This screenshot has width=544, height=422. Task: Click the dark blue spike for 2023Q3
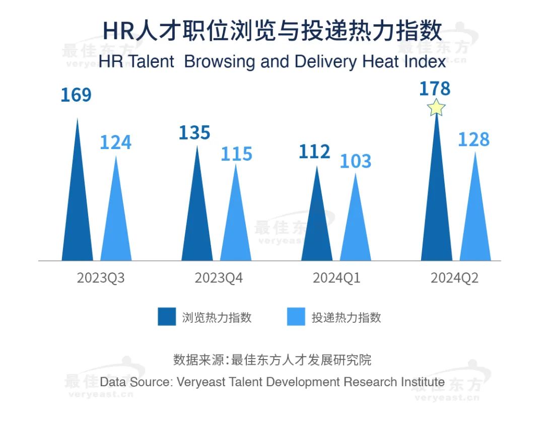(x=77, y=212)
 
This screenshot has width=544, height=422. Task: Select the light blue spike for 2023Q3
(x=116, y=222)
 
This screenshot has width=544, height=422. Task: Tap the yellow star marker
(x=436, y=107)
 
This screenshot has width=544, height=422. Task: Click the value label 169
(x=76, y=95)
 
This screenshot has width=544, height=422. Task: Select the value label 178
(x=435, y=89)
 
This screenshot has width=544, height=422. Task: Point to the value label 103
(x=355, y=161)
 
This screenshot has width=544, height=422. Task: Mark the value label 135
(x=194, y=132)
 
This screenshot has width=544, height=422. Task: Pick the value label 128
(x=473, y=139)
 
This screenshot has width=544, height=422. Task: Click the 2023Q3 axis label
(x=100, y=278)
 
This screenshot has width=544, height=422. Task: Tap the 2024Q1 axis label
(x=336, y=278)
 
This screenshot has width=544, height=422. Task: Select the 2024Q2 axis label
(x=454, y=278)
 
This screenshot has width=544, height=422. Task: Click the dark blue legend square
(x=167, y=317)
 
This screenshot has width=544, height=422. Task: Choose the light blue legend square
(x=296, y=317)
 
